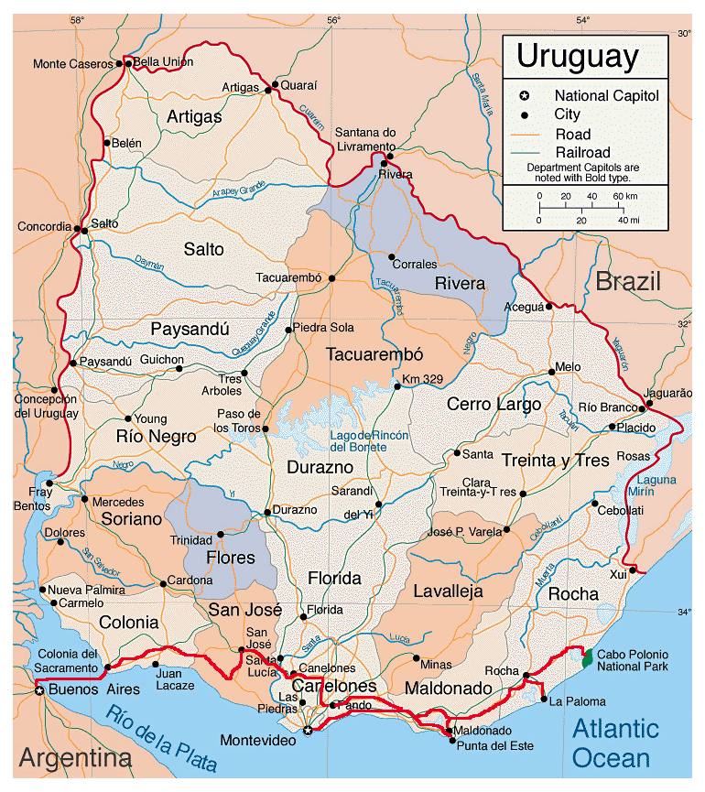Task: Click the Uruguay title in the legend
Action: (x=577, y=57)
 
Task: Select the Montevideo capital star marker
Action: (x=308, y=730)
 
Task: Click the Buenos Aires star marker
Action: (x=39, y=690)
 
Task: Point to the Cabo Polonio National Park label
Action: (x=633, y=660)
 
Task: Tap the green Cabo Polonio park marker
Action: (x=587, y=656)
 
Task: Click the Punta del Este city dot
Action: (x=451, y=741)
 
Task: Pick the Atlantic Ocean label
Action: (x=614, y=743)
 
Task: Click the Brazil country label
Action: (x=628, y=282)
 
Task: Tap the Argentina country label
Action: (x=75, y=759)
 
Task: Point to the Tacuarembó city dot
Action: (x=331, y=278)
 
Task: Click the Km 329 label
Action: (x=423, y=378)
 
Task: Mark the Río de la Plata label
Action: (x=160, y=738)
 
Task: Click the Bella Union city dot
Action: (x=128, y=64)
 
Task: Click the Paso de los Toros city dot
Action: (x=266, y=429)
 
